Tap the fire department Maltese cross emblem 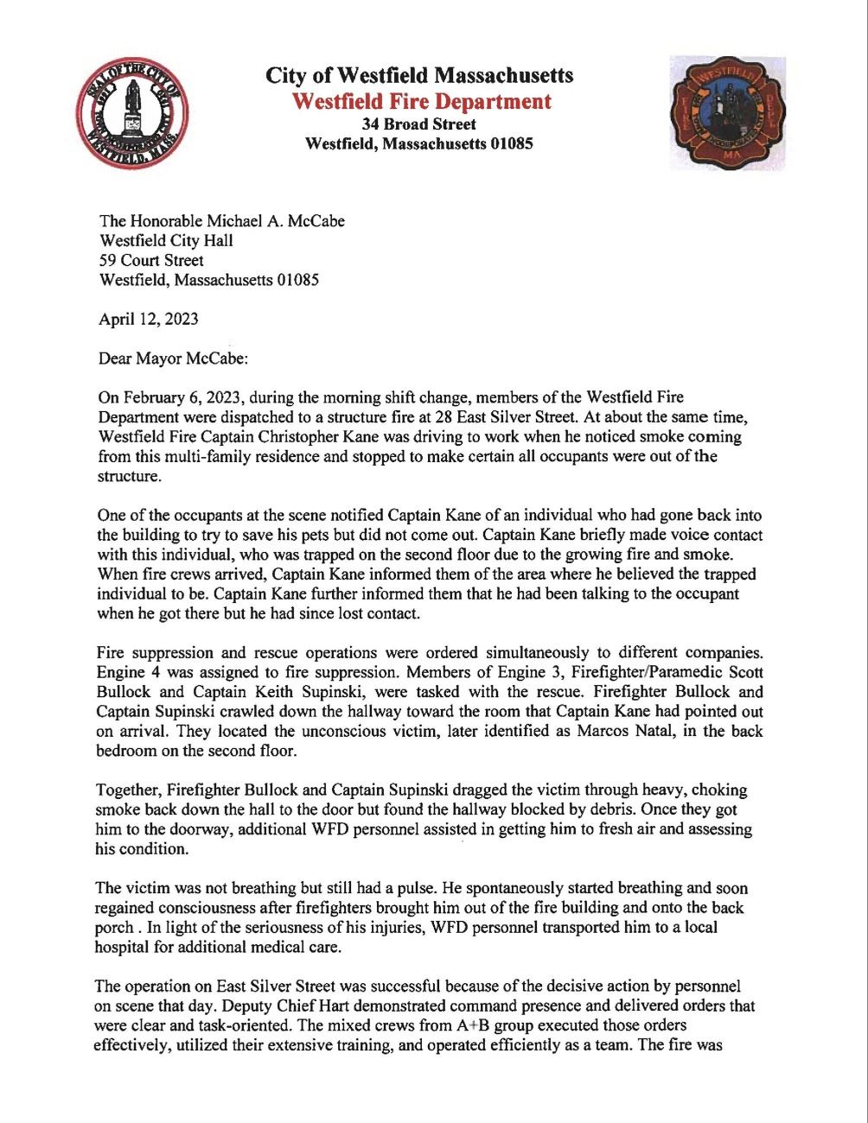[727, 113]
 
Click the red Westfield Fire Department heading [420, 101]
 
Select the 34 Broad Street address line [419, 124]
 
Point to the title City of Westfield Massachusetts [419, 75]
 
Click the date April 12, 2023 [149, 319]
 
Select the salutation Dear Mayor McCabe [173, 358]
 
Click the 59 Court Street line [151, 260]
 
